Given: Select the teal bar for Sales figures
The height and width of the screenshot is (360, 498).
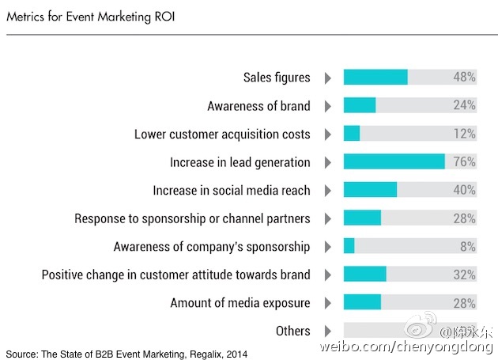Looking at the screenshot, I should click(x=375, y=78).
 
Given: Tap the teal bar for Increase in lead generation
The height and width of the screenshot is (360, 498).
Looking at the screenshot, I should click(x=394, y=162).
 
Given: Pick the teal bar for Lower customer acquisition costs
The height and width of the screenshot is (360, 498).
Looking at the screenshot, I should click(x=352, y=134).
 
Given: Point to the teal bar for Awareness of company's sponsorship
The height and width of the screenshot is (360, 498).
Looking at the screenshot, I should click(x=349, y=246).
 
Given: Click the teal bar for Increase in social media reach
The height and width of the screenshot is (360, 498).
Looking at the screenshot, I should click(x=370, y=190).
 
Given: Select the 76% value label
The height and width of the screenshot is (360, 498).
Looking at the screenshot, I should click(x=465, y=162).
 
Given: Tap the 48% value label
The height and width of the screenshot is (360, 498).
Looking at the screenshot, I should click(x=465, y=78).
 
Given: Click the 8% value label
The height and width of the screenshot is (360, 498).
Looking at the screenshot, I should click(x=468, y=247).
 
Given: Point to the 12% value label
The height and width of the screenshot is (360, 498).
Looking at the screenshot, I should click(x=465, y=134).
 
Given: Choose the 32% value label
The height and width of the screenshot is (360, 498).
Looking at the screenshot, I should click(x=465, y=275).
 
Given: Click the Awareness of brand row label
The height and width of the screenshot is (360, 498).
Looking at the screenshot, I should click(x=258, y=106).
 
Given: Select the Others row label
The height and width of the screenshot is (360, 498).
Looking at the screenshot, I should click(x=292, y=331).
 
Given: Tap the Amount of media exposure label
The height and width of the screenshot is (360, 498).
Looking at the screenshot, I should click(x=240, y=303).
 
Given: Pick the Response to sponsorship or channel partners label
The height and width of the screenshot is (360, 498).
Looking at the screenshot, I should click(x=192, y=218).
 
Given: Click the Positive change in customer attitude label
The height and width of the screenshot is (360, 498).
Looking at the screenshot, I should click(x=175, y=275).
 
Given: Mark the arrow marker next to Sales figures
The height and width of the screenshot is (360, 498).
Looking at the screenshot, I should click(x=327, y=78).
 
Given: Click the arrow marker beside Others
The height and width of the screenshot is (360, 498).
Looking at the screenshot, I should click(x=327, y=331).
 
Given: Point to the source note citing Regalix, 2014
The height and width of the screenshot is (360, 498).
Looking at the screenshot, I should click(x=126, y=353).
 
